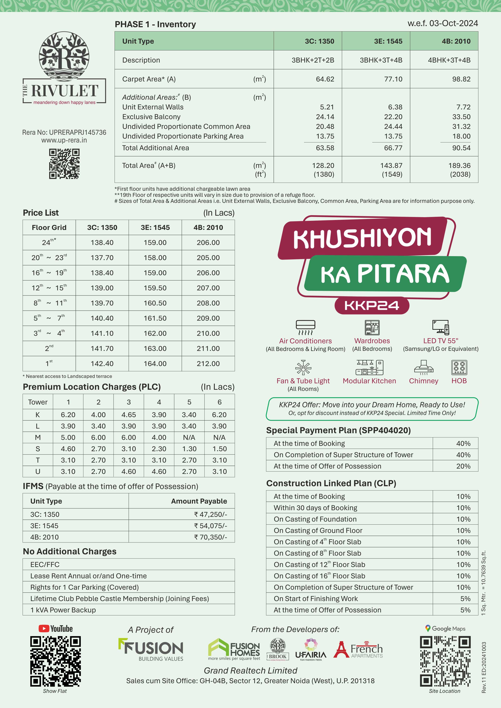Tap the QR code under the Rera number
[x=64, y=164]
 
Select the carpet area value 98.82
[x=461, y=79]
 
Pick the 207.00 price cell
[x=208, y=288]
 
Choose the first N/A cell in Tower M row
[x=189, y=438]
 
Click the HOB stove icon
[x=459, y=367]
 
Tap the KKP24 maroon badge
[x=372, y=306]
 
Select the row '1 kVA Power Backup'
[x=63, y=610]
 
